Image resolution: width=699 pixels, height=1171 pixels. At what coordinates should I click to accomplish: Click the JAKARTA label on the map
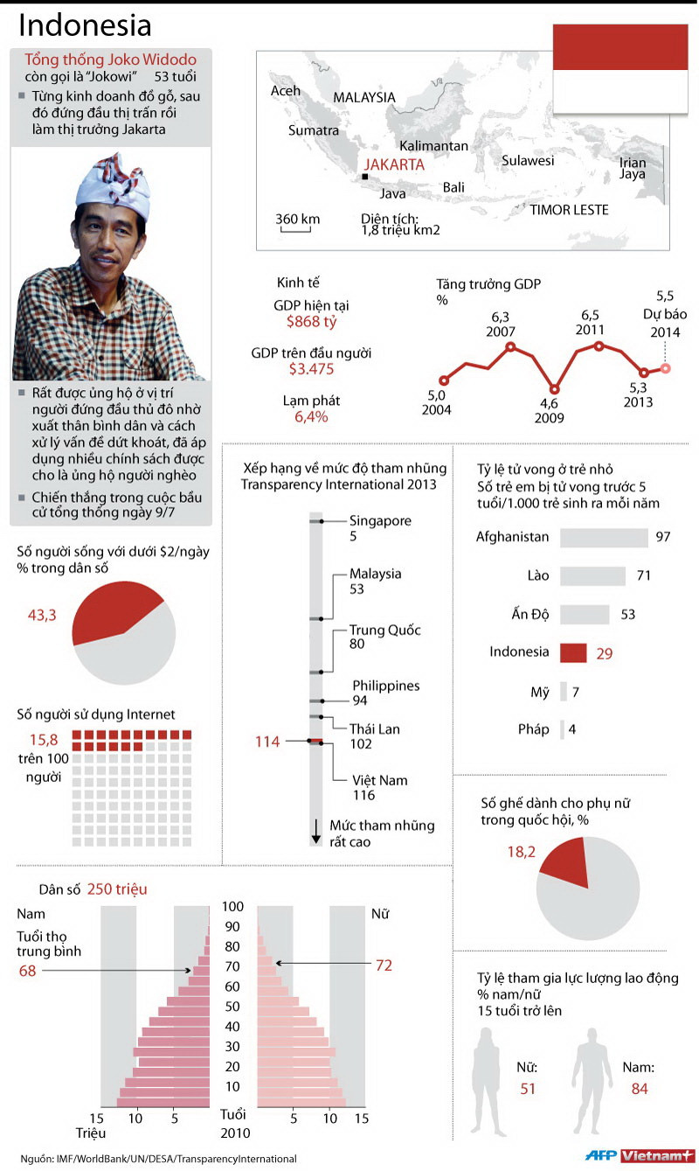[394, 164]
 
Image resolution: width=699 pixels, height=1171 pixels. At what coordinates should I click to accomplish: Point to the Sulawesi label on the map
[528, 161]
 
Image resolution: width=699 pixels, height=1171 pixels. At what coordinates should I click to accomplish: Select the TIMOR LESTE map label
[569, 210]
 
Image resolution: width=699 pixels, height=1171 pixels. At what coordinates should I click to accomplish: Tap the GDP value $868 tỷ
[312, 322]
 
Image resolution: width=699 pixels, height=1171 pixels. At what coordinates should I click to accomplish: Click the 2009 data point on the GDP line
[554, 389]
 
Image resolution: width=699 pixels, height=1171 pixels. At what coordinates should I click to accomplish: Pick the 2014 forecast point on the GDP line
[665, 368]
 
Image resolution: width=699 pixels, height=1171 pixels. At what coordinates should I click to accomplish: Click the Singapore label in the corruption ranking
[380, 521]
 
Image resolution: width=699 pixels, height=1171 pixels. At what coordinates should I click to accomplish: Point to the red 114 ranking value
[267, 742]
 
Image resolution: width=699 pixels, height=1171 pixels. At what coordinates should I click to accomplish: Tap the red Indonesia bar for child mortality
[572, 652]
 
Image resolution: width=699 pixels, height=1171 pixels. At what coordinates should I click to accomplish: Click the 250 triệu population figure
[117, 889]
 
